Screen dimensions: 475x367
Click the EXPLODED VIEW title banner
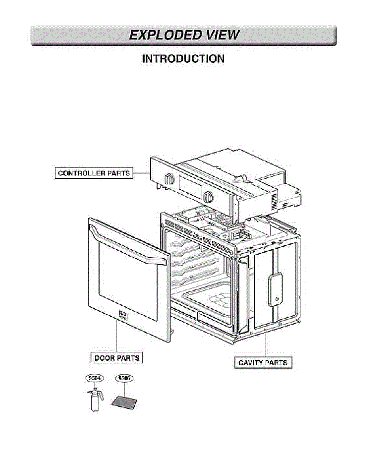tap(184, 35)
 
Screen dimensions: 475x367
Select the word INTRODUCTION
tap(183, 59)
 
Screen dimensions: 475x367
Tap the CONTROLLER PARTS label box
tap(94, 173)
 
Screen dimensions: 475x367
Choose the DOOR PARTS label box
tap(117, 358)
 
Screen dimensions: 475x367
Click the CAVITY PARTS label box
tap(263, 362)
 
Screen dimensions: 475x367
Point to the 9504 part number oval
tap(94, 378)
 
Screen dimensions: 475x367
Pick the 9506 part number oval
tap(124, 378)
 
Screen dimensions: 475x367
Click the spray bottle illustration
tap(95, 400)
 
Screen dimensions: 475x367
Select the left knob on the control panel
tap(169, 179)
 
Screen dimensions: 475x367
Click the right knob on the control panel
tap(208, 197)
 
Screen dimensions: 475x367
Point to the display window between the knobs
tap(188, 187)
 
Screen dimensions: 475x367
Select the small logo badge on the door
tap(123, 315)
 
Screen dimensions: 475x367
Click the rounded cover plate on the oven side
tap(275, 290)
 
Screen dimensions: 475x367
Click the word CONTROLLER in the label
tap(80, 173)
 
